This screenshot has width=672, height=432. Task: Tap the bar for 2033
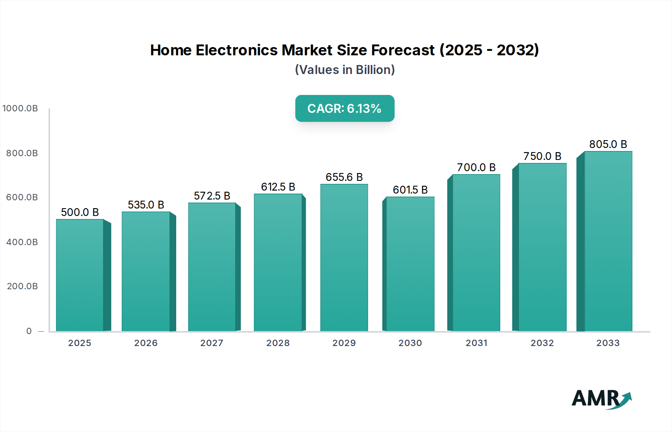pyautogui.click(x=608, y=241)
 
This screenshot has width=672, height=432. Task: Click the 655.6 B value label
pyautogui.click(x=344, y=177)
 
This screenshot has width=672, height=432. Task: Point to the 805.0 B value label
pyautogui.click(x=608, y=144)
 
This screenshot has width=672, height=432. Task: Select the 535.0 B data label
pyautogui.click(x=146, y=205)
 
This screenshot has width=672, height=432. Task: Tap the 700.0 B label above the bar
pyautogui.click(x=476, y=167)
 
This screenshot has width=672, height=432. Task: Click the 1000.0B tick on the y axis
pyautogui.click(x=20, y=108)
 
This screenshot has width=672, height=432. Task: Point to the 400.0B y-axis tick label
pyautogui.click(x=22, y=242)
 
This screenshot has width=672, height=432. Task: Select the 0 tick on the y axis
pyautogui.click(x=29, y=331)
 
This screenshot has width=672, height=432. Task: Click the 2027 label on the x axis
pyautogui.click(x=212, y=343)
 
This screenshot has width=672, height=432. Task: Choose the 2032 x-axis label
pyautogui.click(x=542, y=343)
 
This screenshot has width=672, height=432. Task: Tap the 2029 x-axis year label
pyautogui.click(x=344, y=343)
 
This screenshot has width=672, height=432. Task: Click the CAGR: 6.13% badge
pyautogui.click(x=345, y=108)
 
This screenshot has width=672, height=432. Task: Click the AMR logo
pyautogui.click(x=601, y=399)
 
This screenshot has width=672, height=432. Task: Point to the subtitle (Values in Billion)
pyautogui.click(x=345, y=70)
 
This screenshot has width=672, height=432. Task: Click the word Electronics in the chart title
pyautogui.click(x=237, y=50)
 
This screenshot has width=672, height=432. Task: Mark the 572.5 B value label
pyautogui.click(x=212, y=196)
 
